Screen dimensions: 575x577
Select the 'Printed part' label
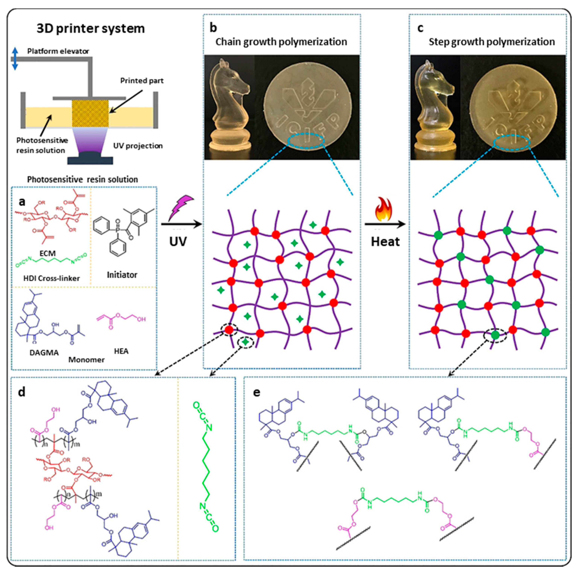coord(142,81)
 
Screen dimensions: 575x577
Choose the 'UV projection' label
coord(138,146)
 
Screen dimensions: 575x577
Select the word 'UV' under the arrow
coord(178,242)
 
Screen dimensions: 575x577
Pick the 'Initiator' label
coord(122,275)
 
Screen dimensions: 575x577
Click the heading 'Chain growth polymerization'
coord(281,42)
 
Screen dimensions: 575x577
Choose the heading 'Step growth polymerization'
coord(492,42)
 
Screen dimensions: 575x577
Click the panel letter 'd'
coord(21,392)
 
